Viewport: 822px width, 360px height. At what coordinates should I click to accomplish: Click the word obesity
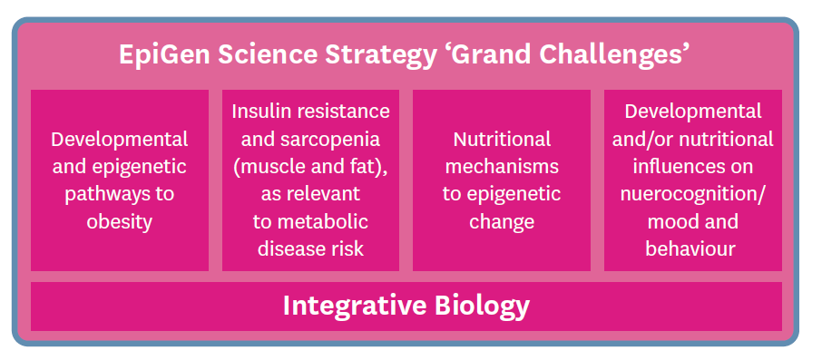click(119, 221)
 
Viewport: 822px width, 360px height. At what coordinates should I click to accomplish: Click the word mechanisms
click(502, 167)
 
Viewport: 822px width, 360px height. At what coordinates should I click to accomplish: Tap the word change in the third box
click(502, 221)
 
